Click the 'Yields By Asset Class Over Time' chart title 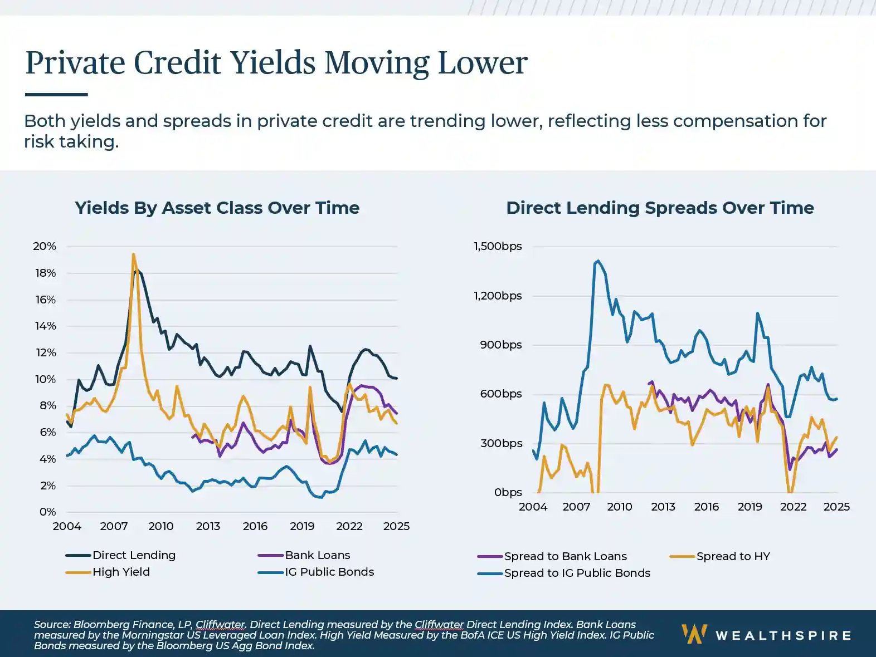coord(217,208)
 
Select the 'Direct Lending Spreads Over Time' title coord(660,208)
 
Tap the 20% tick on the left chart coord(45,246)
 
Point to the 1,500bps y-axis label coord(498,246)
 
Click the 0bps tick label coord(508,492)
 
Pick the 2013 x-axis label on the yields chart coord(208,526)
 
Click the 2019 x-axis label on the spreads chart coord(750,507)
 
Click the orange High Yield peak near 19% coord(133,254)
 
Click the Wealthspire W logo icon coord(694,634)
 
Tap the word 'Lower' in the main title coord(482,62)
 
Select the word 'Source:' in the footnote coord(52,625)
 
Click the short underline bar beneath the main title coord(56,95)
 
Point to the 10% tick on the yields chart coord(45,379)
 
